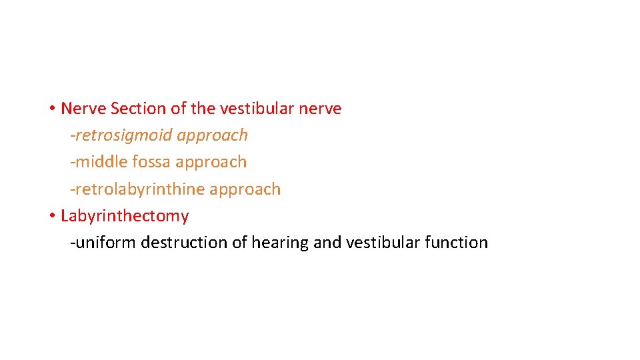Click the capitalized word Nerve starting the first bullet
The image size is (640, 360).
pyautogui.click(x=83, y=109)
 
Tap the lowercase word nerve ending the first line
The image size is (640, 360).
pyautogui.click(x=321, y=109)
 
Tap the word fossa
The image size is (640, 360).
pyautogui.click(x=153, y=162)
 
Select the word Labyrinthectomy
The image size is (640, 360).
pyautogui.click(x=125, y=216)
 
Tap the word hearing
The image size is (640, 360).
pyautogui.click(x=279, y=243)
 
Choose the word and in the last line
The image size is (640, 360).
pyautogui.click(x=327, y=243)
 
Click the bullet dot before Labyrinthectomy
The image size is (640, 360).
pyautogui.click(x=51, y=217)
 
